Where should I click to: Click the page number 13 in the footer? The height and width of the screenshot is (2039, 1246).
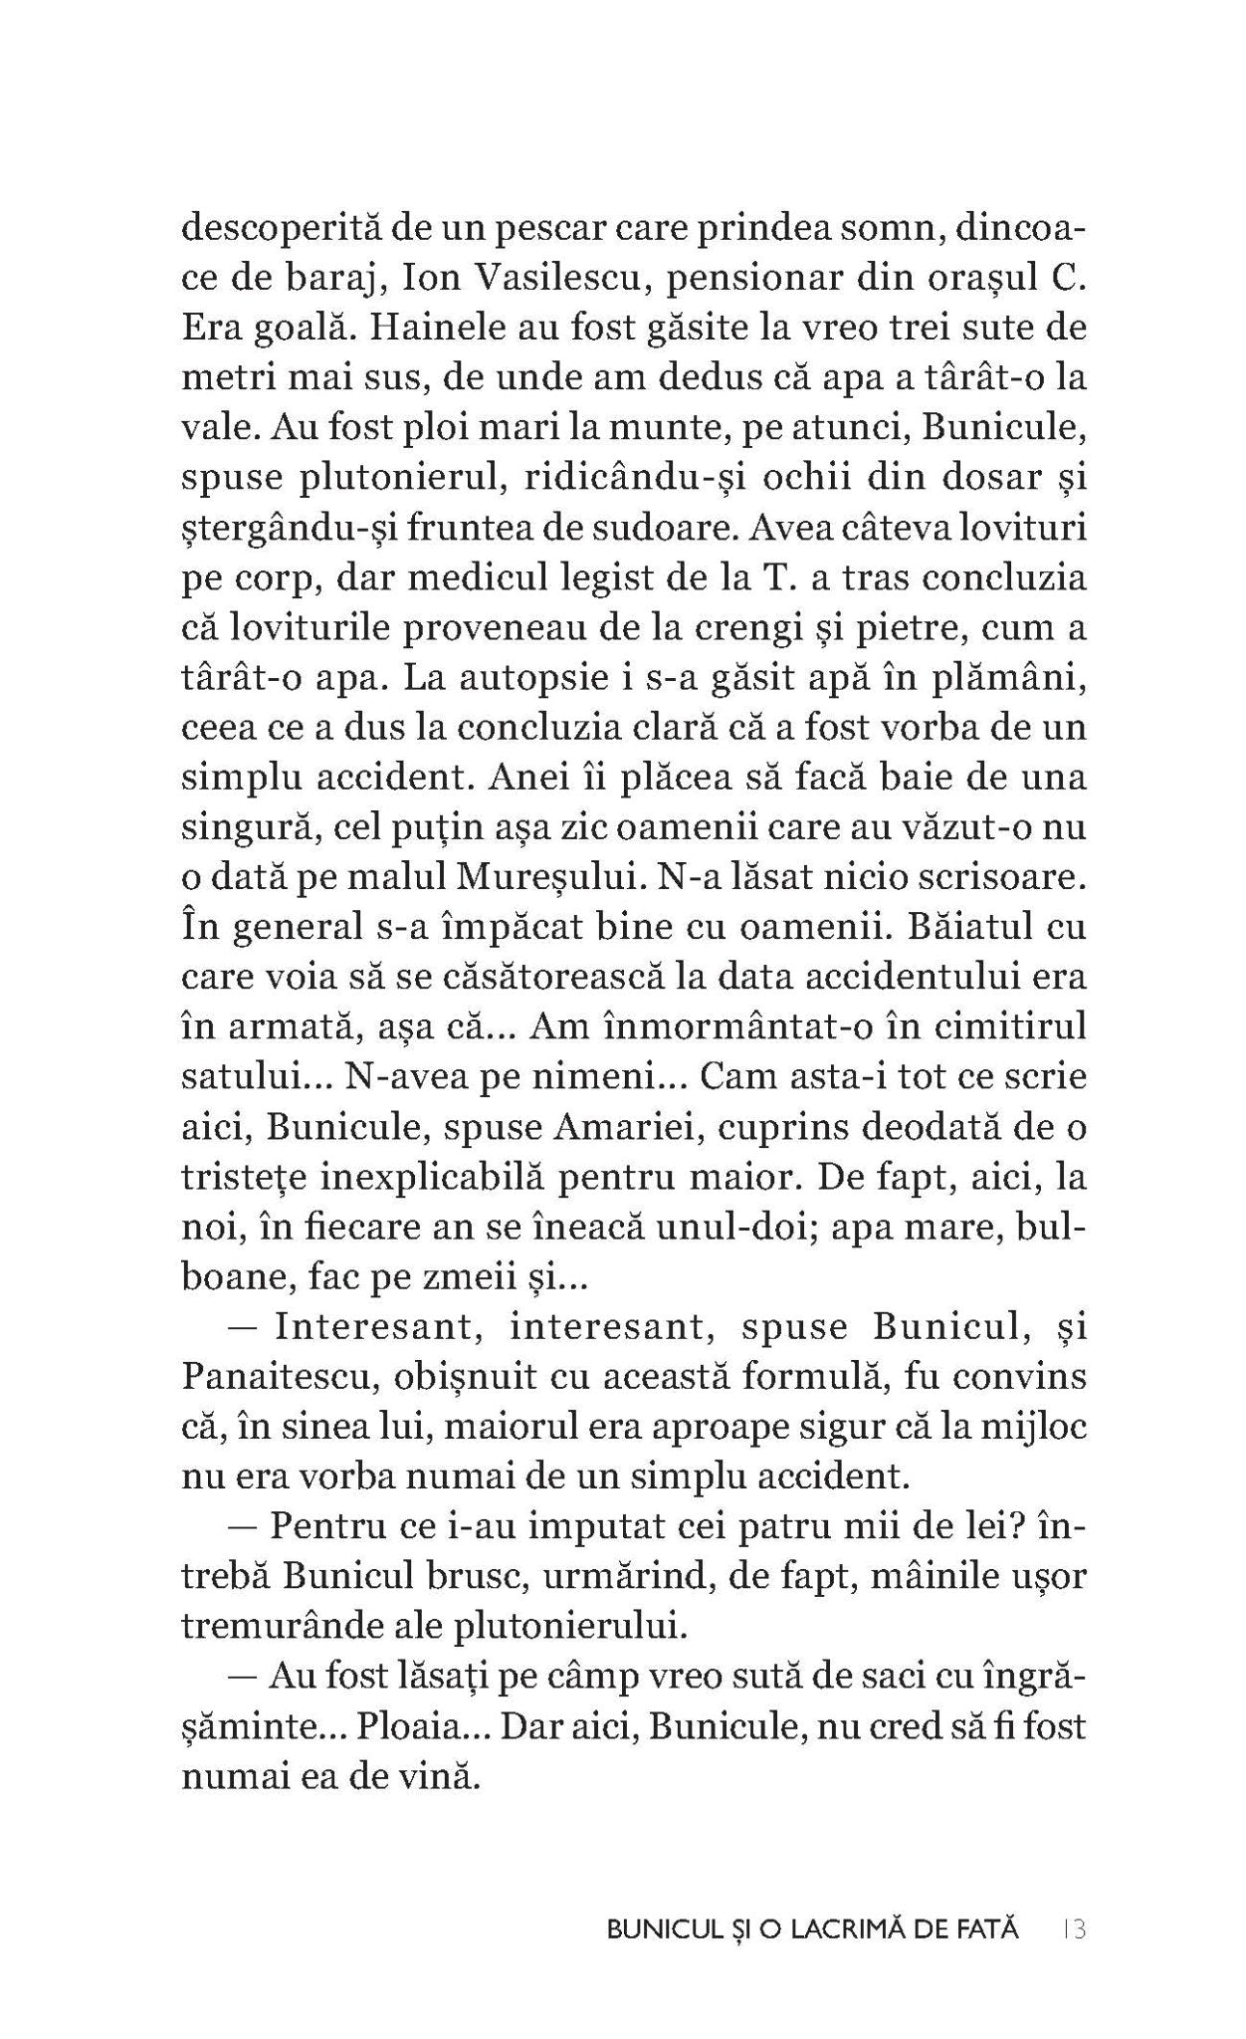[1073, 1928]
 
